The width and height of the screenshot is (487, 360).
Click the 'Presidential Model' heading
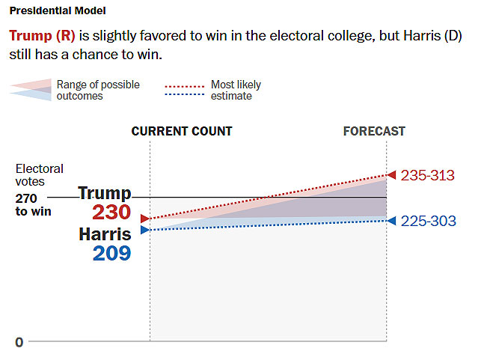(57, 11)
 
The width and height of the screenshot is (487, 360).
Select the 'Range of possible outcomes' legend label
(98, 91)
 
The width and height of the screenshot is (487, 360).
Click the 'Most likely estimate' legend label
(236, 91)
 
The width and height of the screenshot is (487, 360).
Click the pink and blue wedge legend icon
(31, 89)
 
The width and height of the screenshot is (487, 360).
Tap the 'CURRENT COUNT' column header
(182, 131)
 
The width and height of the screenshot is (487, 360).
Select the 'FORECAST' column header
(374, 131)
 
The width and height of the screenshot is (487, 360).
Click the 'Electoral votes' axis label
(39, 175)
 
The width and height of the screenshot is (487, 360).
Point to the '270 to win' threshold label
(34, 205)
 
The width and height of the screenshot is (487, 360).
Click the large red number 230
(111, 213)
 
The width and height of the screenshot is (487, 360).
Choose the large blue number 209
(111, 253)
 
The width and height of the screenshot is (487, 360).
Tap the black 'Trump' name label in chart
(104, 193)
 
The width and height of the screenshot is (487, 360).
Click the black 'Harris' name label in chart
(105, 234)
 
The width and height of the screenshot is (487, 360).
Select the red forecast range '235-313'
(428, 175)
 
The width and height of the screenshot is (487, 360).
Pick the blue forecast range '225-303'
(428, 221)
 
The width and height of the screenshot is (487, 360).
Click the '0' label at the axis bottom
(19, 342)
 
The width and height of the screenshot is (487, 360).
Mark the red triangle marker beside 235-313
(391, 175)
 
